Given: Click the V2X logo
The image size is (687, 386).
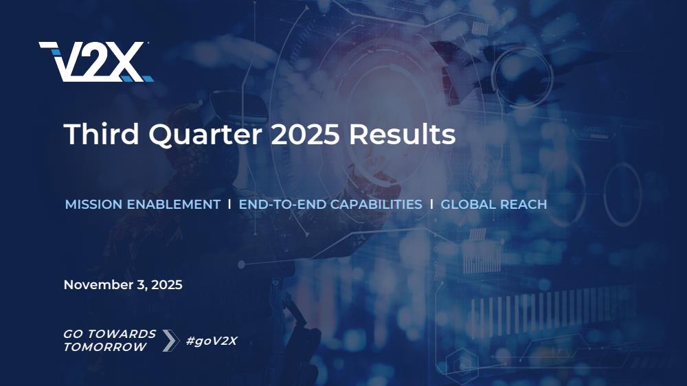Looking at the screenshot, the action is click(x=96, y=62).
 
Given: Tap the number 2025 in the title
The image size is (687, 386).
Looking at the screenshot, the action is click(x=305, y=134).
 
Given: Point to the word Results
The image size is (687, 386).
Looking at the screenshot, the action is click(x=402, y=134).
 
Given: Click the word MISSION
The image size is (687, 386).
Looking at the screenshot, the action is click(x=93, y=205).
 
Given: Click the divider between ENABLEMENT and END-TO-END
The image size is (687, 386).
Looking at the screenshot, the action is click(x=229, y=204).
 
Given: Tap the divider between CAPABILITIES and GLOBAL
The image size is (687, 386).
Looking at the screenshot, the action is click(x=431, y=204).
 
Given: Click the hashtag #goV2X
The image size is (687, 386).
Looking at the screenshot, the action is click(x=212, y=341).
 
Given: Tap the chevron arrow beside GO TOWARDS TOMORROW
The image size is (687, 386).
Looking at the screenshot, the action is click(x=171, y=341).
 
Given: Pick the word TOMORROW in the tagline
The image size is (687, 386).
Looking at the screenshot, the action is click(x=105, y=347).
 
